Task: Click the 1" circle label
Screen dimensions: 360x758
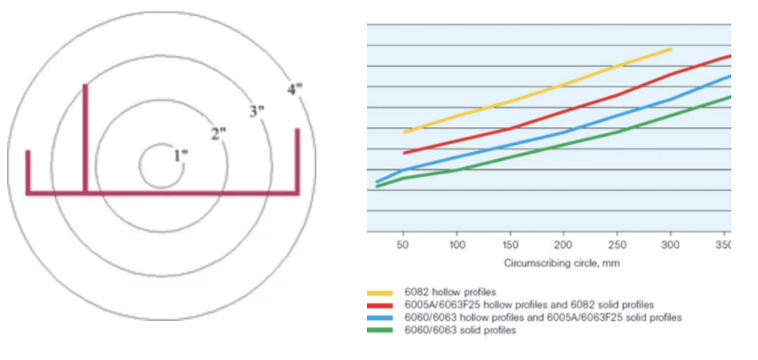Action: [x=180, y=155]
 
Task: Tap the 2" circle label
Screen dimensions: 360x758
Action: [x=218, y=133]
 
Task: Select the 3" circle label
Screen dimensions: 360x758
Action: [x=257, y=111]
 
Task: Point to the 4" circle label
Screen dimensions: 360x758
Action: [x=295, y=89]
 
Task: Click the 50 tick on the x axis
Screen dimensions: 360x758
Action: [x=403, y=243]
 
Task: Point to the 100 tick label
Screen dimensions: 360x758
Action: [x=457, y=243]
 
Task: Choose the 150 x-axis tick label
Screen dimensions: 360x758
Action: [x=510, y=243]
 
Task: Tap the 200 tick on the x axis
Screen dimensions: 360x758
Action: [x=563, y=243]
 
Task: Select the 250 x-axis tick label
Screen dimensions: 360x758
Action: [x=618, y=243]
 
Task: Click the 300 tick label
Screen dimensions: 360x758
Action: [x=671, y=243]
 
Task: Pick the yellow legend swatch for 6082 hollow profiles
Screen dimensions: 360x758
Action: [x=379, y=292]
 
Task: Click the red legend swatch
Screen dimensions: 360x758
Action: [x=379, y=304]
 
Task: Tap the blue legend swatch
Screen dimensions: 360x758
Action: [x=379, y=316]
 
